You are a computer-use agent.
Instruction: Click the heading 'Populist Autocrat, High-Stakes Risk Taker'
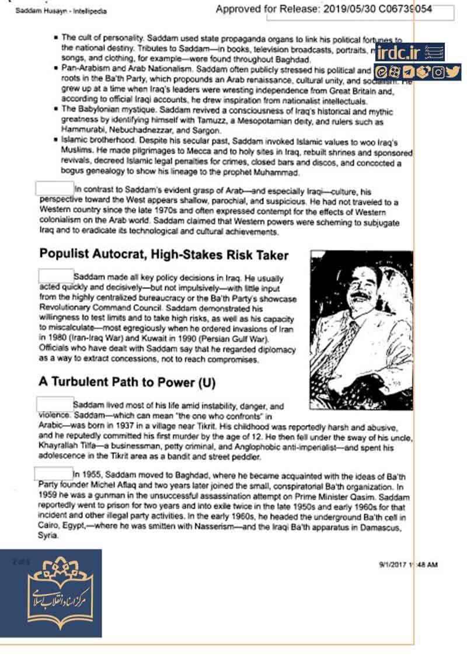(163, 255)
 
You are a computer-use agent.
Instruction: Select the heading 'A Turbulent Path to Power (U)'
(127, 382)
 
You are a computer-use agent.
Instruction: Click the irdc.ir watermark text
(399, 54)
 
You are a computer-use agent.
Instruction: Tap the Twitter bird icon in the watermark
(454, 72)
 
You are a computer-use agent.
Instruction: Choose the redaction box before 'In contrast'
(54, 190)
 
